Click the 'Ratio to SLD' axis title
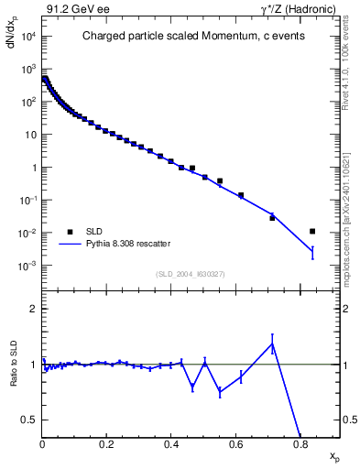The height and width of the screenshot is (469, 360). pyautogui.click(x=14, y=379)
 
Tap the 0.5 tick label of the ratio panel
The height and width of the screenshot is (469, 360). pyautogui.click(x=30, y=420)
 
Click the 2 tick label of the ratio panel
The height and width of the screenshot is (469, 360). pyautogui.click(x=34, y=309)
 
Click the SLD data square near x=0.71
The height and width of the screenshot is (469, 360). pyautogui.click(x=272, y=217)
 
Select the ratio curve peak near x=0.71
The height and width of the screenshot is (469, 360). pyautogui.click(x=272, y=344)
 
